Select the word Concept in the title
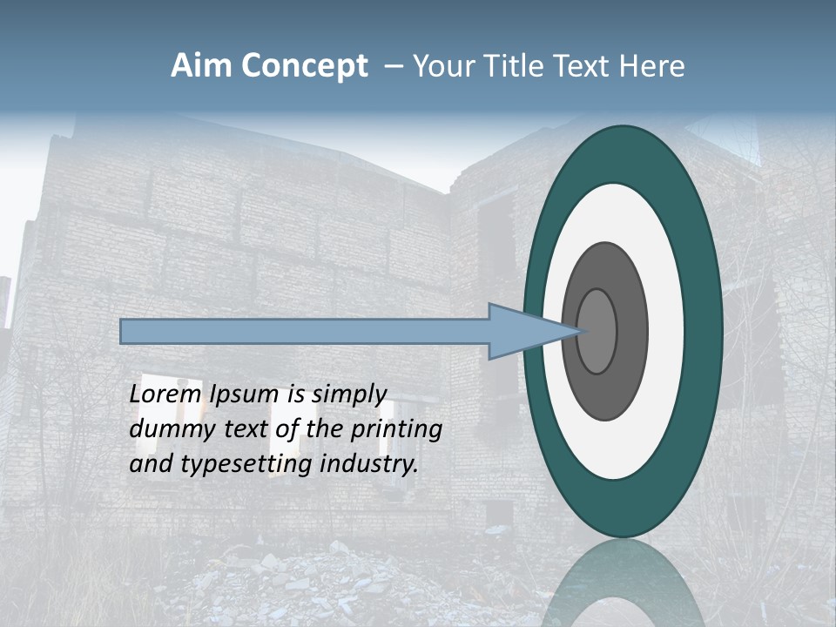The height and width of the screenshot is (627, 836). coord(304,66)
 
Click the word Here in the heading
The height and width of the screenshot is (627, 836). coord(652,66)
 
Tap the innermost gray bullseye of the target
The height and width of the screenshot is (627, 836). coord(597,331)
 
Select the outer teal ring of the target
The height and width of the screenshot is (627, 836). coord(704,331)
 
